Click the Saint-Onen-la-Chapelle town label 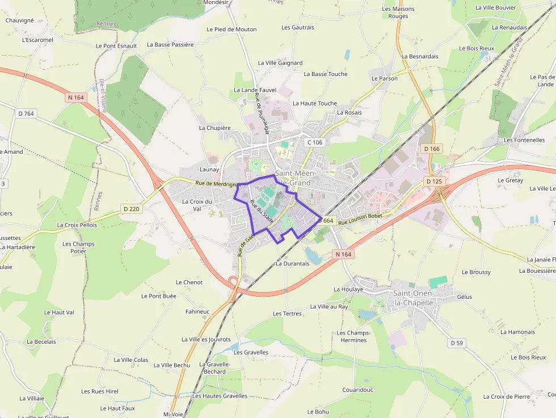click(413, 298)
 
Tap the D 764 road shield click(26, 113)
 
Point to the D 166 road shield click(432, 149)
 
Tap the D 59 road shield click(457, 343)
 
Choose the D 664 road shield click(328, 220)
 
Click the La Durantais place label click(292, 263)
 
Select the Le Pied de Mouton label click(231, 29)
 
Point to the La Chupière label click(214, 128)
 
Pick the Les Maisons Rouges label click(398, 12)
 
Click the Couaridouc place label click(357, 390)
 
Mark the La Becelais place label click(41, 341)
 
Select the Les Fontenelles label click(524, 140)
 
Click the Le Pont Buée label click(158, 295)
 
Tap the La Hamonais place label click(517, 332)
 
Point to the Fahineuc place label click(197, 311)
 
